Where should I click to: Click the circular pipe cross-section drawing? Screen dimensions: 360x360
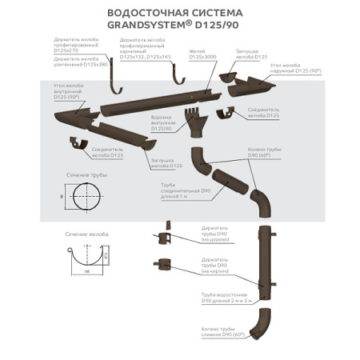coord(85,194)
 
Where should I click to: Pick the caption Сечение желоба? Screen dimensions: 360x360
coord(82,235)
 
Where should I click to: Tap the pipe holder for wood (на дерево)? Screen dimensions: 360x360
coord(166,237)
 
